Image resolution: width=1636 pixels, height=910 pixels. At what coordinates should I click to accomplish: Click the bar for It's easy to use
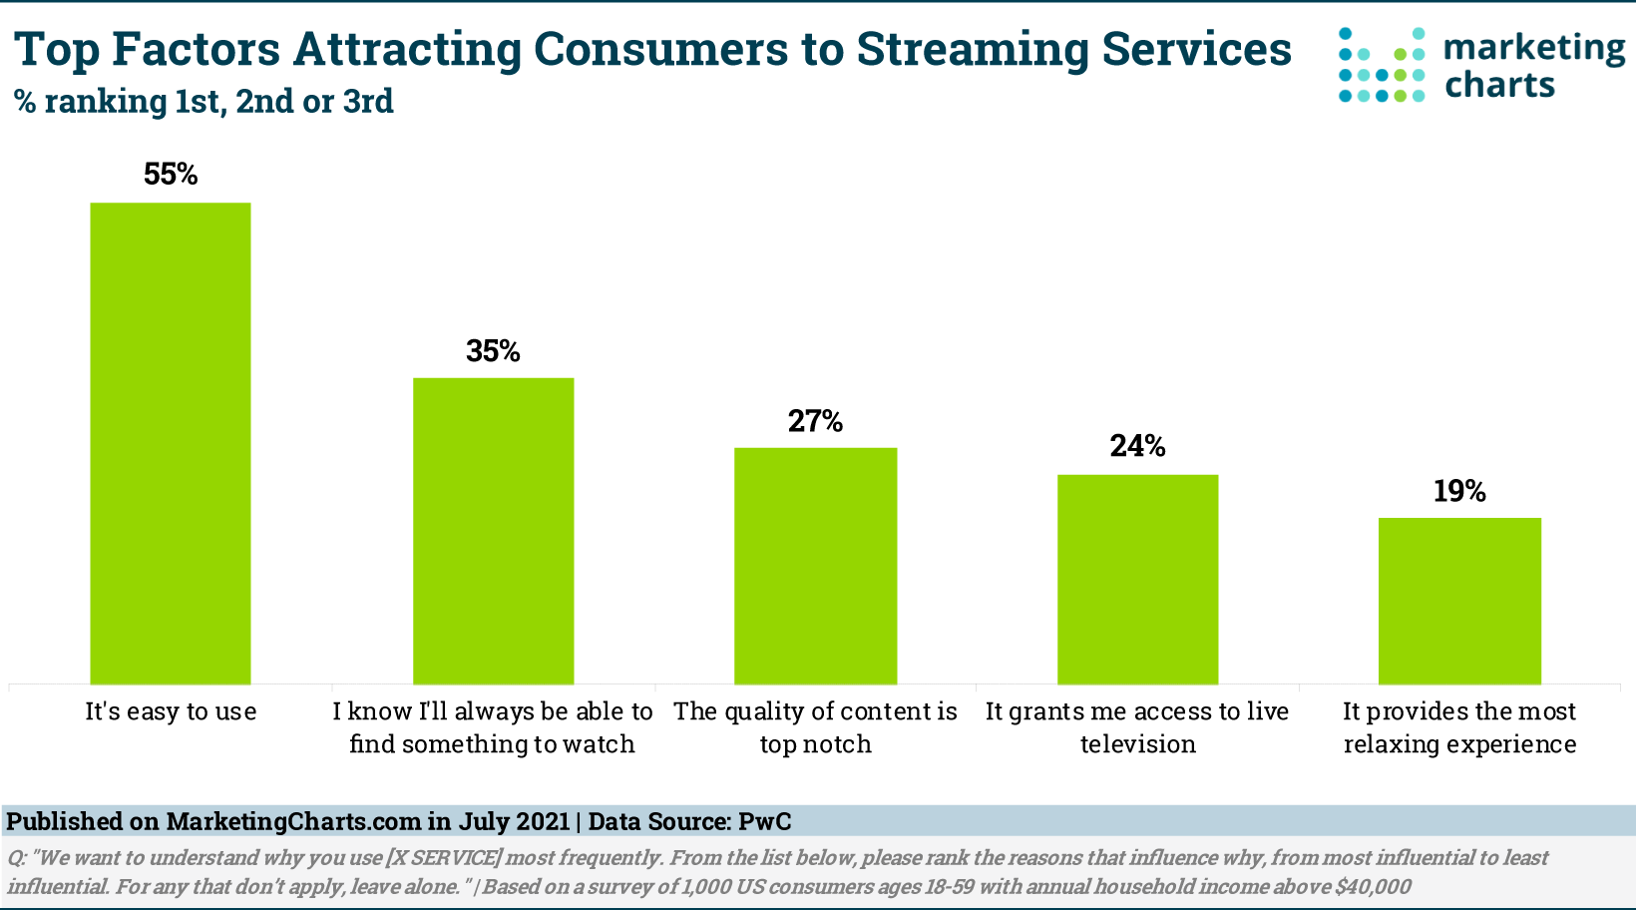coord(171,443)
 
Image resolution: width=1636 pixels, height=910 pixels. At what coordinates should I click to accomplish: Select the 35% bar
coord(494,531)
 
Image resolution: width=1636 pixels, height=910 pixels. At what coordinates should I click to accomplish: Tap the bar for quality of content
coord(816,566)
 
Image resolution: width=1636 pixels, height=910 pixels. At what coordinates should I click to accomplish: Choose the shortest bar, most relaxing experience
coord(1459,601)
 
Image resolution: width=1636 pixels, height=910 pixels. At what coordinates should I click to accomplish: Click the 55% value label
coord(171,175)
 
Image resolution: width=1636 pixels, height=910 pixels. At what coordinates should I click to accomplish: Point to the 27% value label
coord(816,422)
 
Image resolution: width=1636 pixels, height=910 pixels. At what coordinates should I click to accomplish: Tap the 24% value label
coord(1138,446)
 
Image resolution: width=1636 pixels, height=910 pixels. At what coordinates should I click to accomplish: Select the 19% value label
coord(1459,491)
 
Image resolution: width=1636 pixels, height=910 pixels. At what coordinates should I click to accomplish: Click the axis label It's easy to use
coord(171,711)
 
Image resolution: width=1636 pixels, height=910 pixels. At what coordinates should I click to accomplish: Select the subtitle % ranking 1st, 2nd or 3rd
coord(204,101)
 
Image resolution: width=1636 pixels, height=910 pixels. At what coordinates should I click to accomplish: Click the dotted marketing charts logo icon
coord(1382,66)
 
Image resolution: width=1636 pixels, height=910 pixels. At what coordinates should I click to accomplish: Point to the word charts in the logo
coord(1499,85)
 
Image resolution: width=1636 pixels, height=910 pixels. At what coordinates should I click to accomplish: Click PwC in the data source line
coord(764,822)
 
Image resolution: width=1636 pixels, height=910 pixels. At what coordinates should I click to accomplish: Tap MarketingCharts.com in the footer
coord(293,822)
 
